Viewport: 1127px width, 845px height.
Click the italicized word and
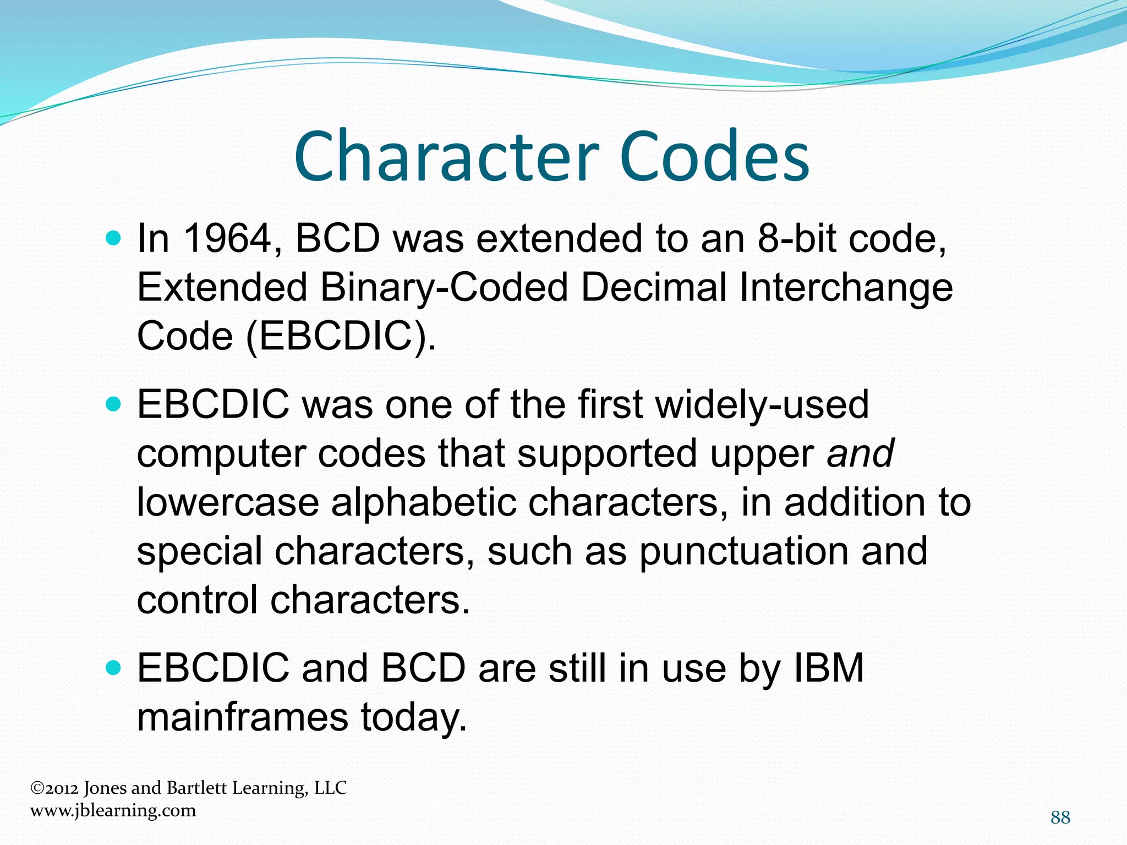click(x=860, y=453)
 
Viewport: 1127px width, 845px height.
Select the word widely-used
click(x=762, y=404)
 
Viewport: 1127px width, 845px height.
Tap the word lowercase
click(x=228, y=502)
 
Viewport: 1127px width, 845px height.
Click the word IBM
click(x=829, y=668)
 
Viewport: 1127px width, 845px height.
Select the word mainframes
click(x=242, y=717)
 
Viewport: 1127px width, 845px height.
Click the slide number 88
click(x=1060, y=817)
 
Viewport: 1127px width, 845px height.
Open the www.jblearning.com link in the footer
click(x=113, y=810)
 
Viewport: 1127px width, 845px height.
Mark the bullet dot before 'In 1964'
click(x=113, y=239)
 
